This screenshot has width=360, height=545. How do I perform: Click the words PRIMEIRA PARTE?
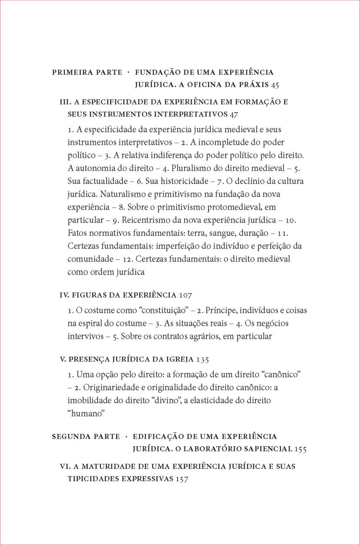[87, 72]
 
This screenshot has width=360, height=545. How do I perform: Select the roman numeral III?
[65, 103]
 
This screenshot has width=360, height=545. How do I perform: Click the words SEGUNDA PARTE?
[85, 436]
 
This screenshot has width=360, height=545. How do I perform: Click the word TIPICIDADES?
[93, 478]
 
